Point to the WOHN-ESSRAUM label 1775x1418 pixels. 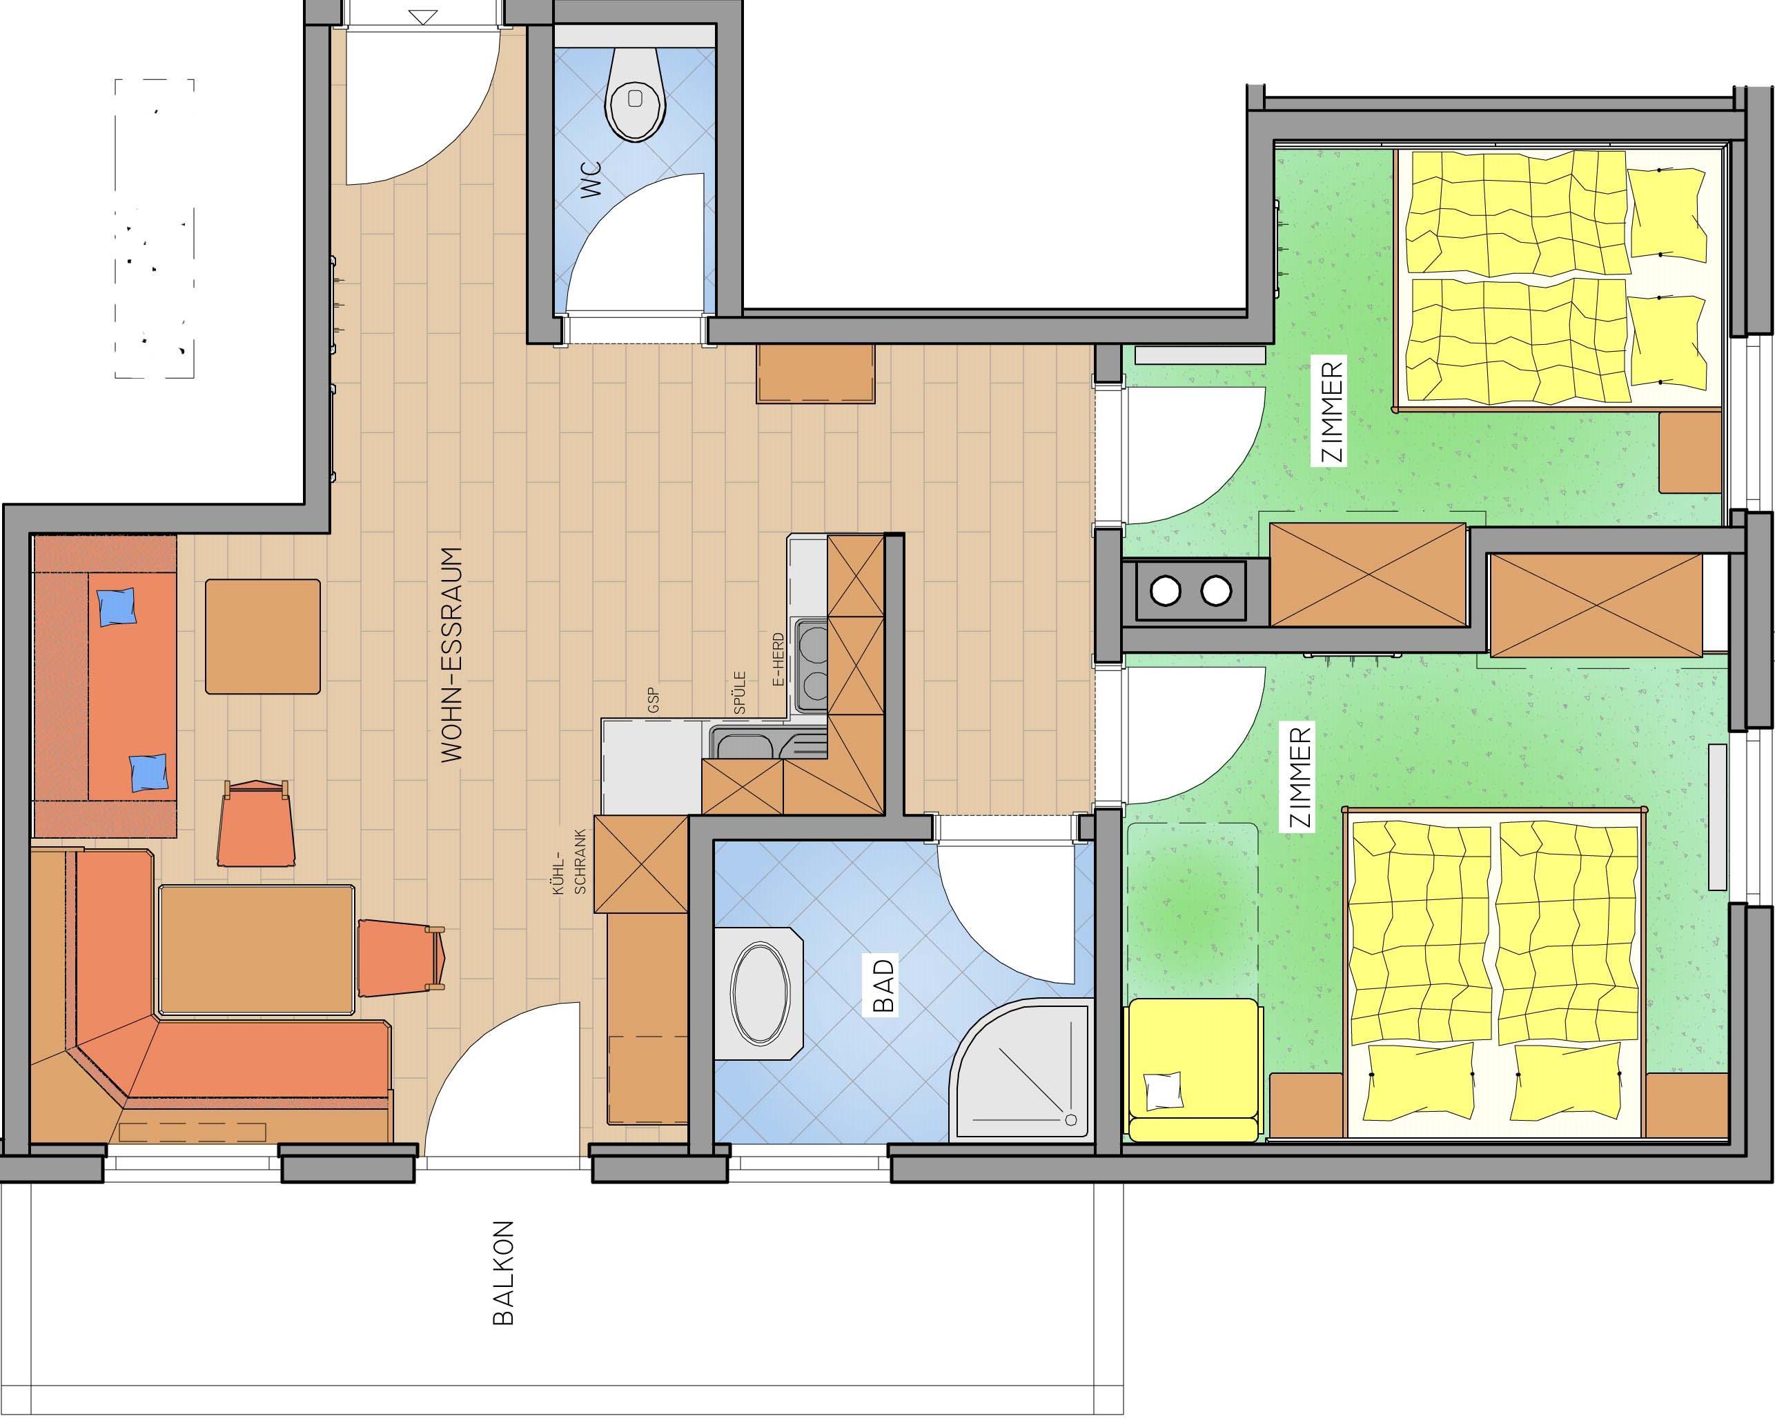[451, 655]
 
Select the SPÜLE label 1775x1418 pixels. [739, 692]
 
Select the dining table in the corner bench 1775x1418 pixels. [257, 949]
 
